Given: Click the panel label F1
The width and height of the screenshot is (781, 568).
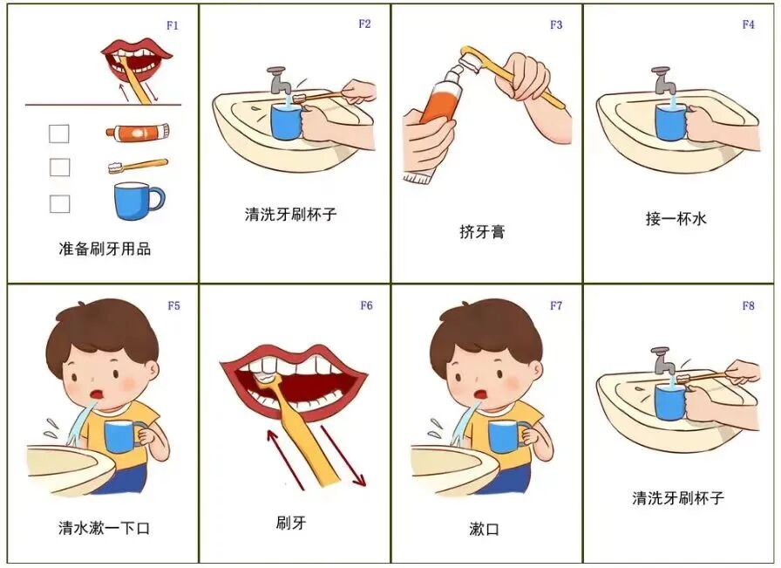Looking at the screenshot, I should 172,25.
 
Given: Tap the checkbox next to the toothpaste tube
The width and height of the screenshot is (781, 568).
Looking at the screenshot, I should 59,133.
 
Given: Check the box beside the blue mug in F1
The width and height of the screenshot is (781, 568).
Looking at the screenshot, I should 59,203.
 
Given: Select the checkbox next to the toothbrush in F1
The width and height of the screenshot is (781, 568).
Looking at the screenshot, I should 59,167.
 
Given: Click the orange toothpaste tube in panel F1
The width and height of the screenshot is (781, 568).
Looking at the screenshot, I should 137,133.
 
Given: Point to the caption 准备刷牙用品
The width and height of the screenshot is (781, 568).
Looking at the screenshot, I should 105,249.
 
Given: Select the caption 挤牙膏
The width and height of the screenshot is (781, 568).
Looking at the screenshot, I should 482,232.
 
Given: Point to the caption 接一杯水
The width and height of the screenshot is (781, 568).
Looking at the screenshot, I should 676,219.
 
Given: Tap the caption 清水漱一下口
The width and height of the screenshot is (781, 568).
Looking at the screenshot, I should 104,528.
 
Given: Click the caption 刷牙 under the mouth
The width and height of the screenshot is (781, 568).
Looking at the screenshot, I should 291,524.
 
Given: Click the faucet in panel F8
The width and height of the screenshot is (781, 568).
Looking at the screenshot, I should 662,358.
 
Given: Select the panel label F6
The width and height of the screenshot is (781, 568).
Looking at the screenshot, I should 366,305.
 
